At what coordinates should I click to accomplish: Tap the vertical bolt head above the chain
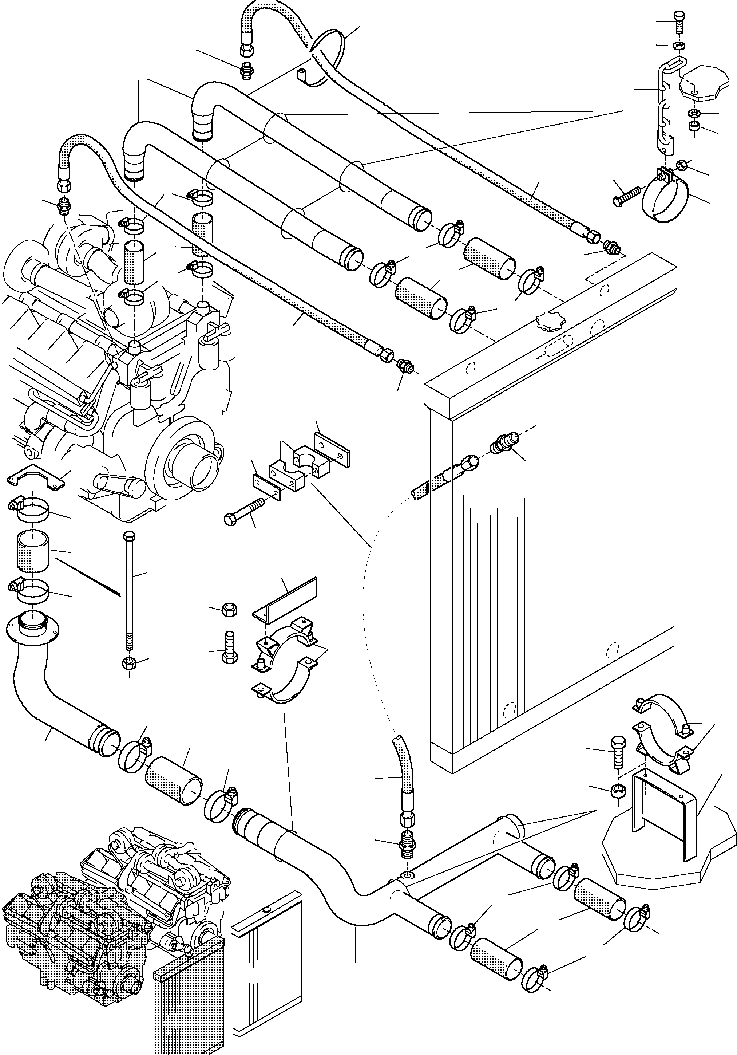point(679,17)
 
